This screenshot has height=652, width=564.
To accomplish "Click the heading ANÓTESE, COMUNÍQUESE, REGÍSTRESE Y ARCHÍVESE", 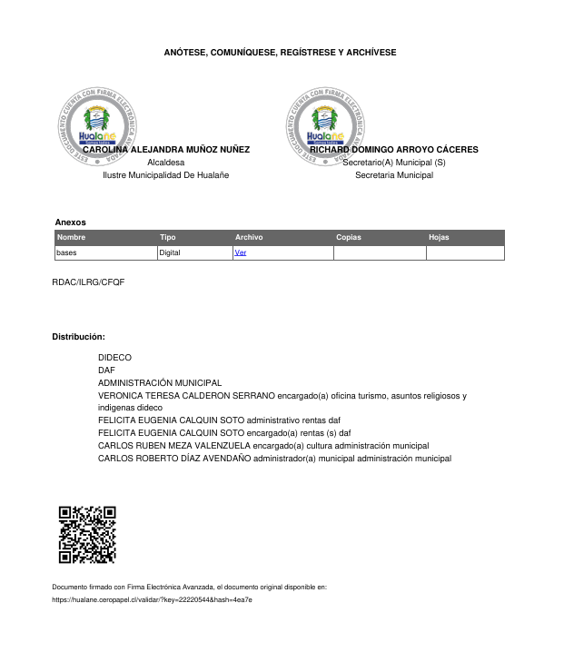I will click(280, 53).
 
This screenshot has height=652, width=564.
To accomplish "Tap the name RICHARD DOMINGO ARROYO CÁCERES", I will click(394, 149).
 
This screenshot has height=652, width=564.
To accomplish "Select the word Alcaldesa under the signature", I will click(165, 162).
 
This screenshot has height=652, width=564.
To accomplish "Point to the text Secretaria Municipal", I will click(394, 174).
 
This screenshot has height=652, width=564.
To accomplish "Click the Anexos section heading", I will click(70, 222).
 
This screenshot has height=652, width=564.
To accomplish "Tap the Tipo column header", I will click(168, 237).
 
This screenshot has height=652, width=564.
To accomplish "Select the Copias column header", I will click(349, 237).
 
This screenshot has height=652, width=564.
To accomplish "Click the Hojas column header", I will click(439, 237).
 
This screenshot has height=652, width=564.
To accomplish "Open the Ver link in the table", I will click(241, 252).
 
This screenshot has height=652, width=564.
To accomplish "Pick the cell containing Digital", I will click(170, 252).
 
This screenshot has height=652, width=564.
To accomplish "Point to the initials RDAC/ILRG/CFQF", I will click(88, 282).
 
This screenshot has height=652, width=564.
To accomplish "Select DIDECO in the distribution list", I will click(114, 358).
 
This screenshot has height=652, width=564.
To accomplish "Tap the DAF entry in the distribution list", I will click(106, 370).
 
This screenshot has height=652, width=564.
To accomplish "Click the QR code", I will click(87, 534).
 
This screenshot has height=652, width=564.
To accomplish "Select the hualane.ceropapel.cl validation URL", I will click(152, 600).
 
